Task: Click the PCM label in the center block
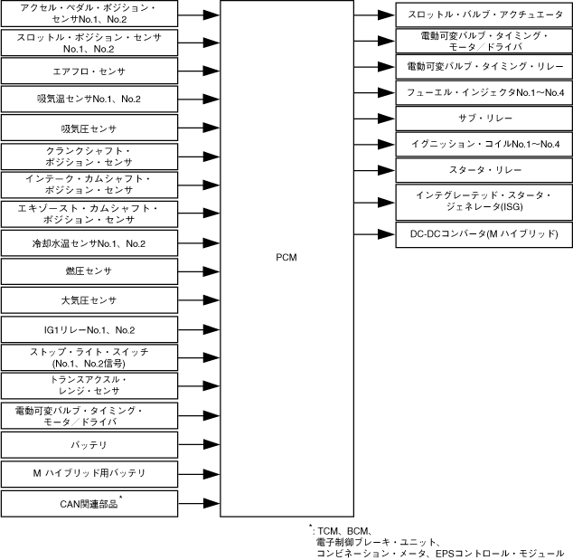(x=286, y=258)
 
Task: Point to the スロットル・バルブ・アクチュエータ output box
(x=484, y=14)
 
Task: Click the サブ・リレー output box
(x=484, y=119)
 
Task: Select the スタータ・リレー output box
(x=484, y=170)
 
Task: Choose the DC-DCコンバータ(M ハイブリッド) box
(x=484, y=234)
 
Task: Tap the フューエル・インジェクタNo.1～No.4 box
(x=484, y=92)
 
